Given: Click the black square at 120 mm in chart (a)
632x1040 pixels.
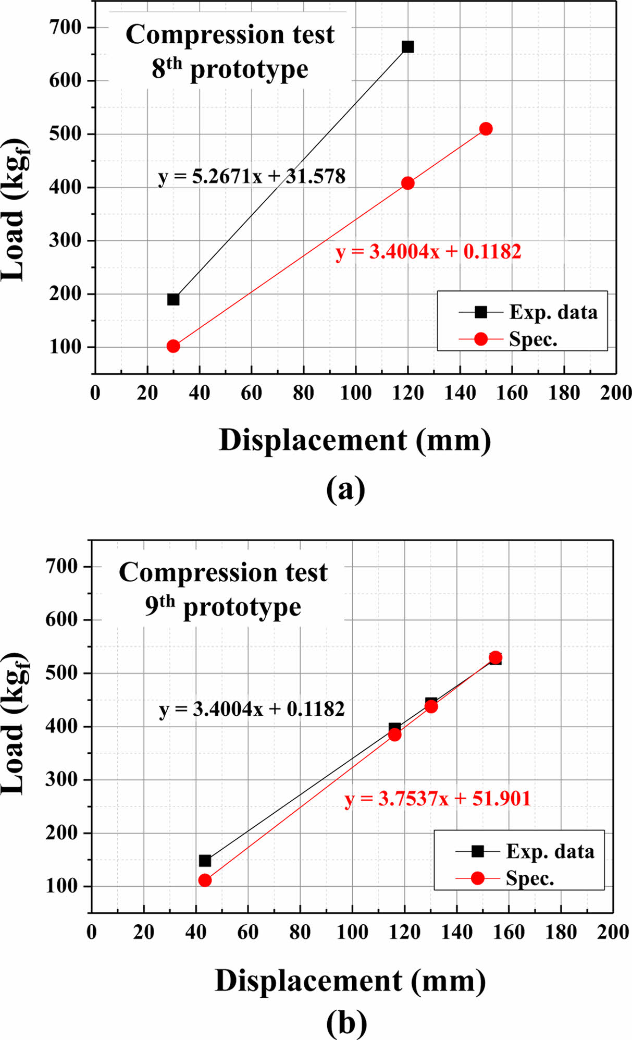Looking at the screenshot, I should [x=408, y=47].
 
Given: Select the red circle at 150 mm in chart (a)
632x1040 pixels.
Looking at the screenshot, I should [x=486, y=129].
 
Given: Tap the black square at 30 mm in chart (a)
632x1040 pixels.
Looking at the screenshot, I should [x=174, y=299].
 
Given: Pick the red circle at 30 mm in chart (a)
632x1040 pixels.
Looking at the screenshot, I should [x=174, y=346].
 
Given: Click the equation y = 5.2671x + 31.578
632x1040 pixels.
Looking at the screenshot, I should [x=252, y=177].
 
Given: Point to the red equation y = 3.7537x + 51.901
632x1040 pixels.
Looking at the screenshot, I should [x=437, y=798].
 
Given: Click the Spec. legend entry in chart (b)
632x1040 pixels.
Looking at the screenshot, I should [x=529, y=878].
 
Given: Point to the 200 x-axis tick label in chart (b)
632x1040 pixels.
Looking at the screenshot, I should [x=613, y=932].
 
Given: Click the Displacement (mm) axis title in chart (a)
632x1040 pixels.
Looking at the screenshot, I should [x=355, y=441].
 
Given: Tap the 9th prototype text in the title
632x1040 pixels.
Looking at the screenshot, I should [x=223, y=607].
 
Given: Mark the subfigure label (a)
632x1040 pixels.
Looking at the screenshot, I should [x=346, y=489].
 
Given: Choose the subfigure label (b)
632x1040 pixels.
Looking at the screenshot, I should [x=346, y=1023].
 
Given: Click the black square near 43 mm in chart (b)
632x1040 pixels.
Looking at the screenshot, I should [x=205, y=860].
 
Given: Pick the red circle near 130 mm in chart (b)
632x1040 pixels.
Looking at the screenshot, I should [x=431, y=706].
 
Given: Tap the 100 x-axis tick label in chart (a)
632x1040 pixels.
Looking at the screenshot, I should [x=356, y=393].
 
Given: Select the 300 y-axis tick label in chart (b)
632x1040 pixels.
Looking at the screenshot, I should [x=62, y=780].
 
